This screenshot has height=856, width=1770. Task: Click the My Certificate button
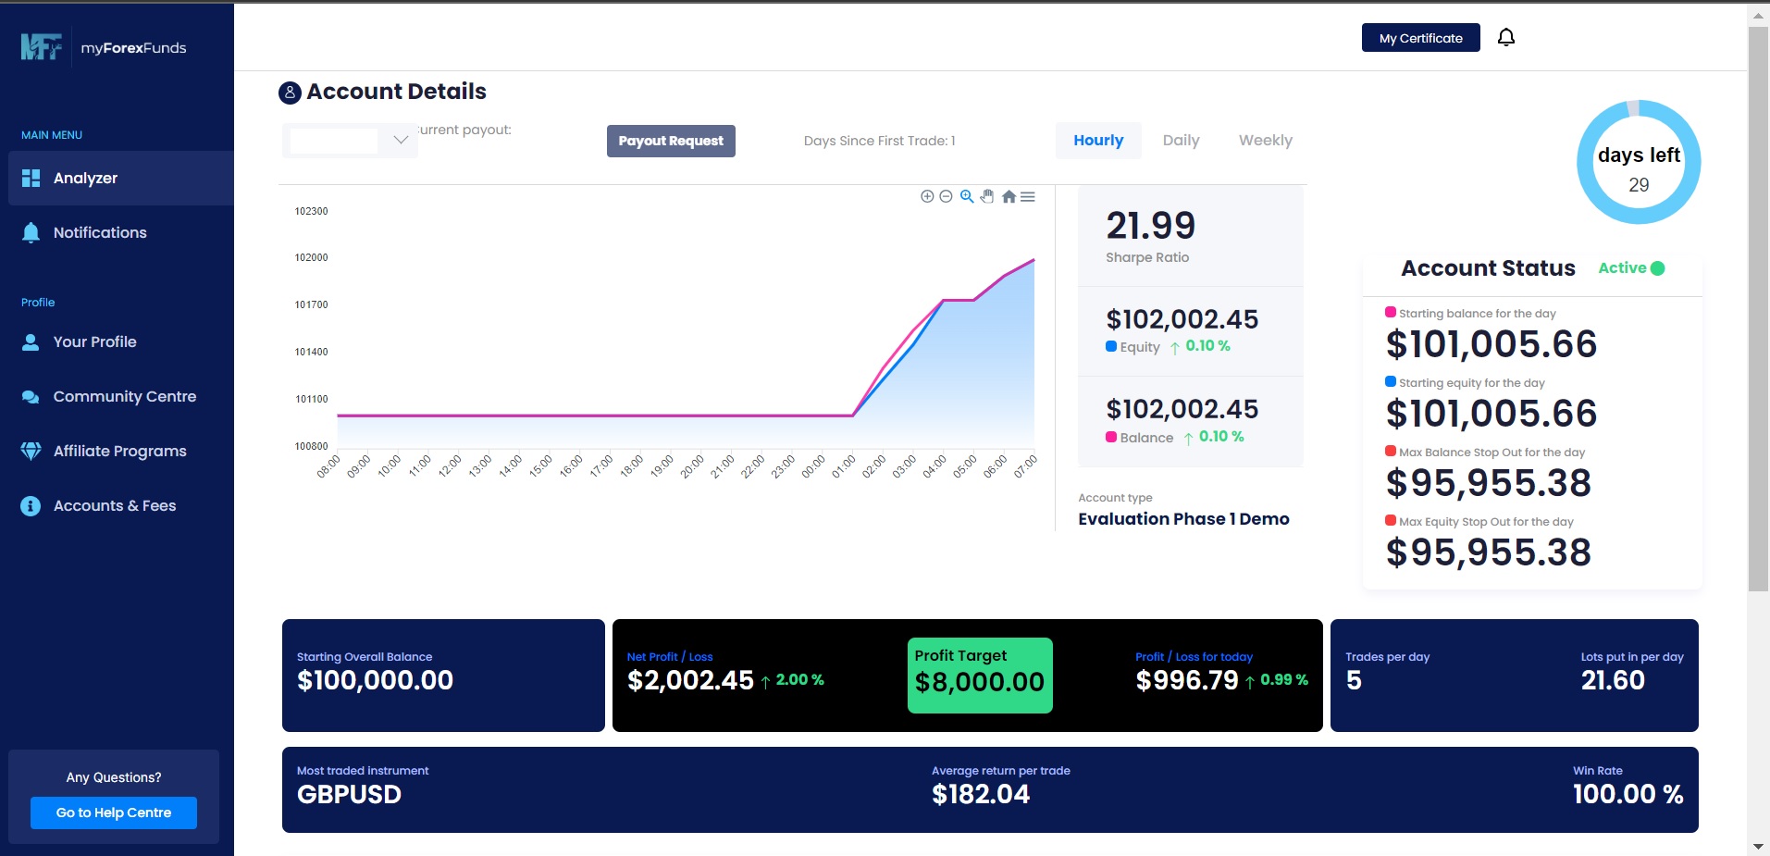click(1420, 38)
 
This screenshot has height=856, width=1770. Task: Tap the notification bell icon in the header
click(1506, 37)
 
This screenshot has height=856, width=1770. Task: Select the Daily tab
click(1181, 141)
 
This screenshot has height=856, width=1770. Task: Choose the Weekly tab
click(1265, 141)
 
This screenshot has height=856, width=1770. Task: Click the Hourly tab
click(1098, 141)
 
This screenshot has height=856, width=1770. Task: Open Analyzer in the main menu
click(85, 179)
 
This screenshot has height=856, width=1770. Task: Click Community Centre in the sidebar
click(124, 397)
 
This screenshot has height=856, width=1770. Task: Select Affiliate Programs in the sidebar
click(119, 452)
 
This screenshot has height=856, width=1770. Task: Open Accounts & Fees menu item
click(114, 506)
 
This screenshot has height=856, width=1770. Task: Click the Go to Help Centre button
click(114, 813)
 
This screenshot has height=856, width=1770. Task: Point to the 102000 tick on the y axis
click(311, 258)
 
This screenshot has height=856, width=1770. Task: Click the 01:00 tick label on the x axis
click(843, 466)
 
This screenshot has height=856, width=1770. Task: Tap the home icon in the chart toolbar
click(1009, 196)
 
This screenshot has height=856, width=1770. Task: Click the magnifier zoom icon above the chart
click(967, 196)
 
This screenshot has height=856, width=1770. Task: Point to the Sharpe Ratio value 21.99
click(1150, 226)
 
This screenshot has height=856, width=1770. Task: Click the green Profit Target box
click(980, 676)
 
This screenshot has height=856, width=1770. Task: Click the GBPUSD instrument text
click(349, 795)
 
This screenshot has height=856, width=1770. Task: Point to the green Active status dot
click(1657, 268)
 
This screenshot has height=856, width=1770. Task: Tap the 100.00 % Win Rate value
click(1628, 794)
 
